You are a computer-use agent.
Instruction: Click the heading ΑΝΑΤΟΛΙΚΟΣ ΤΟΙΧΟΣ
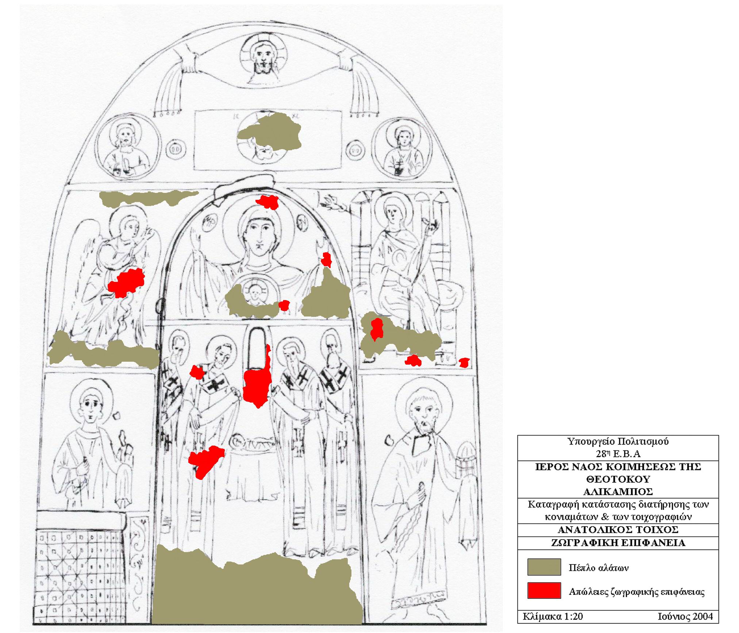(x=618, y=529)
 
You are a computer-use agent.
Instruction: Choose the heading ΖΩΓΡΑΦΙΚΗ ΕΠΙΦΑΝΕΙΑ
(x=618, y=543)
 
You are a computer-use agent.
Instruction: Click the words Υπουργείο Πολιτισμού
(x=618, y=442)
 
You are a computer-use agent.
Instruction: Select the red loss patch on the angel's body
(x=126, y=283)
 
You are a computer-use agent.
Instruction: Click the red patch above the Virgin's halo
(x=267, y=202)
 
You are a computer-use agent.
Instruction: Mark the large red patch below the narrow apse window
(x=257, y=387)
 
